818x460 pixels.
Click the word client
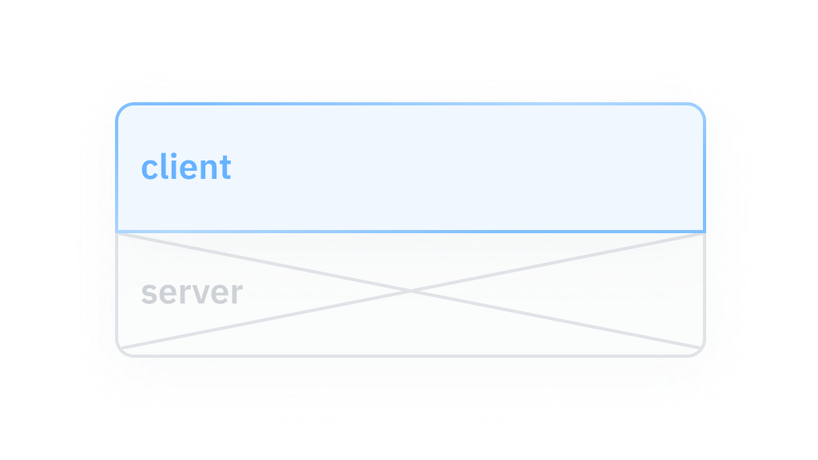point(186,168)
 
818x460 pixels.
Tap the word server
point(191,293)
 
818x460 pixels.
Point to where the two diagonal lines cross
point(411,292)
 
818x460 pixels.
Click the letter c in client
point(150,169)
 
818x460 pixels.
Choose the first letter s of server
point(148,294)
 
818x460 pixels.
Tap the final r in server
point(236,294)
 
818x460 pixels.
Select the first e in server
point(165,294)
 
